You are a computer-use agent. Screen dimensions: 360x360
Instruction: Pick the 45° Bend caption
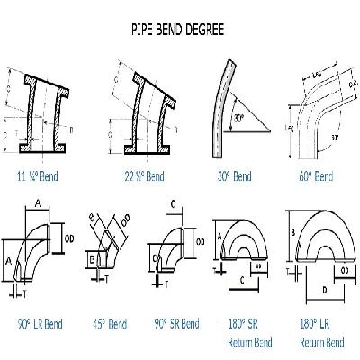110,322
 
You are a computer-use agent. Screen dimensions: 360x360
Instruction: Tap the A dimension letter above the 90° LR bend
37,204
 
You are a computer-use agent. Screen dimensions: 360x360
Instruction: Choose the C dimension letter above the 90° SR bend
172,205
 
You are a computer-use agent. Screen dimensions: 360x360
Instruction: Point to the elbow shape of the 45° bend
107,241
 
